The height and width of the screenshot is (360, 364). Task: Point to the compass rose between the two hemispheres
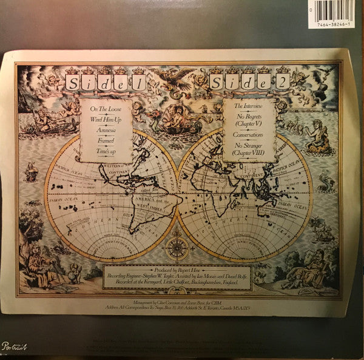[x=176, y=248]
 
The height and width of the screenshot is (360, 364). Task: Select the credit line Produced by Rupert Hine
[x=177, y=269]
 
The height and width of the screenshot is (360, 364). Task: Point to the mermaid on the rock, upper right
[x=320, y=137]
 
